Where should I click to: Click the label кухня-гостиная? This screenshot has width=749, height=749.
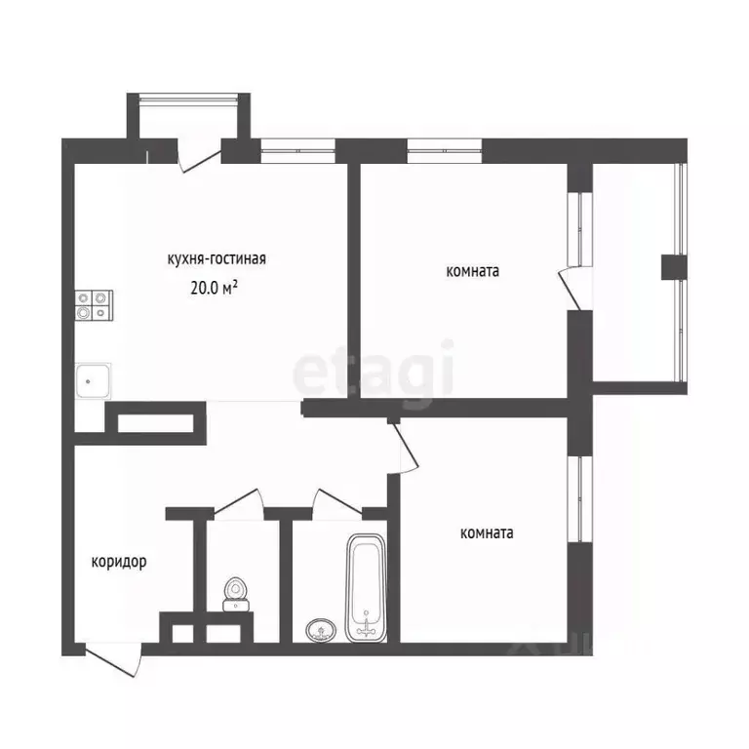pyautogui.click(x=217, y=258)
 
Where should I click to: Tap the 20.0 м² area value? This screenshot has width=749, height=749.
pyautogui.click(x=214, y=288)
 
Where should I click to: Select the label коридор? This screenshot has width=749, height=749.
pyautogui.click(x=119, y=562)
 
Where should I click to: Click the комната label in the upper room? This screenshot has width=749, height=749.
pyautogui.click(x=472, y=271)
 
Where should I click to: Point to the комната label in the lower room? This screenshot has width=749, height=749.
pyautogui.click(x=487, y=533)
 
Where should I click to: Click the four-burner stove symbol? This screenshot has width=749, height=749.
pyautogui.click(x=94, y=305)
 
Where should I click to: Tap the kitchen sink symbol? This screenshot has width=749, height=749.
pyautogui.click(x=94, y=380)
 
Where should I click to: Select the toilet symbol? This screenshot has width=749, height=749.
pyautogui.click(x=236, y=595)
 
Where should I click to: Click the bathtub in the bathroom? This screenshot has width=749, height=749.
pyautogui.click(x=366, y=588)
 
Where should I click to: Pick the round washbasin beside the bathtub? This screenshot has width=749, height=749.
pyautogui.click(x=321, y=630)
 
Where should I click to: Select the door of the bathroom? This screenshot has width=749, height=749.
pyautogui.click(x=337, y=503)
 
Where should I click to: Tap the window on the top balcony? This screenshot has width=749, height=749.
pyautogui.click(x=188, y=99)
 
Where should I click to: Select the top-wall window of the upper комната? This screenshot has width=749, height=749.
pyautogui.click(x=445, y=151)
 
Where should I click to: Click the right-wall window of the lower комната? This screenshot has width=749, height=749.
pyautogui.click(x=580, y=499)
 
